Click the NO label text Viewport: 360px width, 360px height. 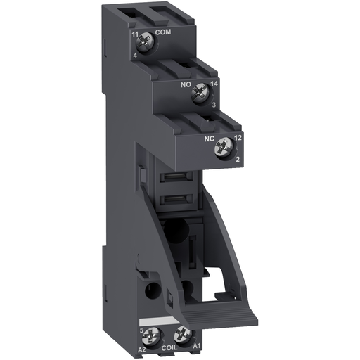pos(186,85)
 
